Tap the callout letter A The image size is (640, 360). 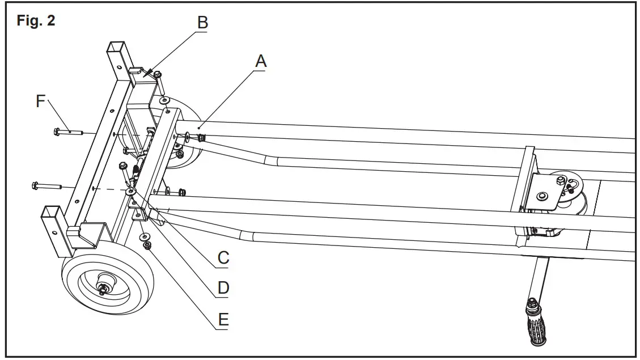(260, 61)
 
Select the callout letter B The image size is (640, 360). (202, 23)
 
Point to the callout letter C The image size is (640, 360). (223, 259)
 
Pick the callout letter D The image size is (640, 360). (223, 289)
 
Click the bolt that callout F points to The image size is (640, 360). (68, 132)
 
